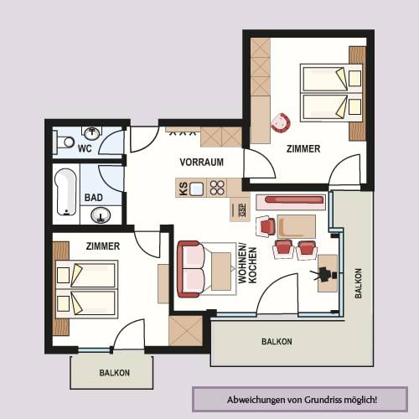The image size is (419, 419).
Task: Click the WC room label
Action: point(85,148)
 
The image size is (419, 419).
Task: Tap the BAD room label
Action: point(94,198)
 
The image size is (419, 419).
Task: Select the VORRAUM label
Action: point(202,163)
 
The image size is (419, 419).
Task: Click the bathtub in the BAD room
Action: point(66,192)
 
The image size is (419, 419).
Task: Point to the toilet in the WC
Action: point(64,142)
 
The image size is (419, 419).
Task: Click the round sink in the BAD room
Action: point(101,215)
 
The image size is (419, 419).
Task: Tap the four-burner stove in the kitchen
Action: point(217,188)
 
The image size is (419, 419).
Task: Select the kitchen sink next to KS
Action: point(197,189)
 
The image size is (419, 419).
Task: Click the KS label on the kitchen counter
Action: point(183,189)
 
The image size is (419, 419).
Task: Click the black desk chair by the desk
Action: point(324,273)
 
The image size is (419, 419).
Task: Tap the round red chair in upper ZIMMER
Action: point(281,122)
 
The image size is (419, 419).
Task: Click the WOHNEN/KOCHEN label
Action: point(247,265)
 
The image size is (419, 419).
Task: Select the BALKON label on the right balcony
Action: point(358,283)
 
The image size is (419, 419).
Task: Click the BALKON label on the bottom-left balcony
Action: point(115,373)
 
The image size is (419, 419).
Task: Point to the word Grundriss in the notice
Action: point(323,400)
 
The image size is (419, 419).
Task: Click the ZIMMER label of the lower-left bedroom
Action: point(103,246)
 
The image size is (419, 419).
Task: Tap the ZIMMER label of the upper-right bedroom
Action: point(303,149)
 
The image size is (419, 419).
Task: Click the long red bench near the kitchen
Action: point(294,199)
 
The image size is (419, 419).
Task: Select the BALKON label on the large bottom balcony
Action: point(277,342)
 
